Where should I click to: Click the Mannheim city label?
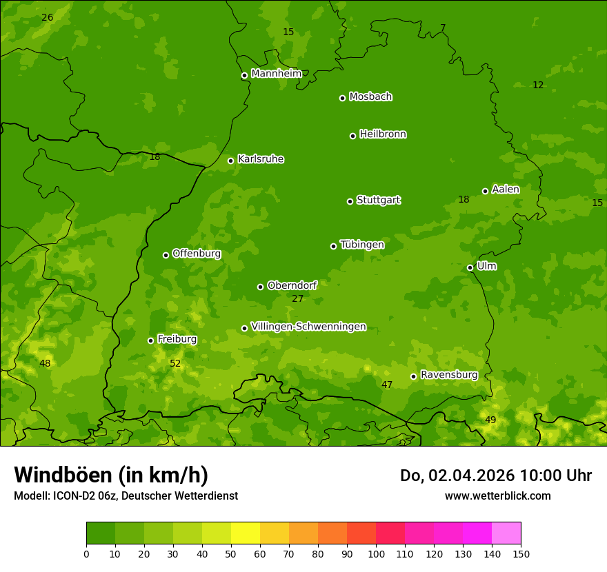point(276,74)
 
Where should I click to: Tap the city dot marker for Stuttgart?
point(350,201)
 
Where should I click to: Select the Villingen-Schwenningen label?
point(308,327)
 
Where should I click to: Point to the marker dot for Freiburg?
point(150,340)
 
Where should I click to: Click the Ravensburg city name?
point(448,375)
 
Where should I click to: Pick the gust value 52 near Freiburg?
point(175,363)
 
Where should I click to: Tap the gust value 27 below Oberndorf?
point(297,299)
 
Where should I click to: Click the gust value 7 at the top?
point(443,28)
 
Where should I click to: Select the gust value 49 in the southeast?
point(490,420)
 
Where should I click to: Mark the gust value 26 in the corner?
point(47,17)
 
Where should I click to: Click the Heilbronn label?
point(383,134)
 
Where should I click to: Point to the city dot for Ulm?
point(470,267)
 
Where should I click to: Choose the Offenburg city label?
point(197,254)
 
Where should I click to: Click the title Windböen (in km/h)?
point(111,475)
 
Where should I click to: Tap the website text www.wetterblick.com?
point(497,496)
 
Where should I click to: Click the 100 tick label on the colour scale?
point(376,553)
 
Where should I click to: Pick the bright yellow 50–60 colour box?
point(246,533)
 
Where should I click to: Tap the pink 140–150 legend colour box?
point(506,533)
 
